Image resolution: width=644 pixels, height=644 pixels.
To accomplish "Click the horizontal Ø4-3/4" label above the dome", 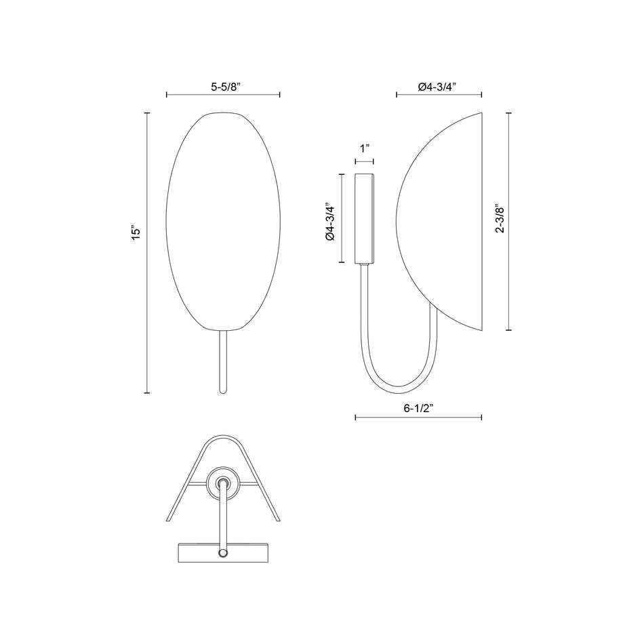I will click(x=437, y=86).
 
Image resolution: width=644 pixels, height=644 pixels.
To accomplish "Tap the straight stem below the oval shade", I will click(x=223, y=363).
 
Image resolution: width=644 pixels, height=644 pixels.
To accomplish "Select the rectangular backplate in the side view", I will click(x=365, y=218).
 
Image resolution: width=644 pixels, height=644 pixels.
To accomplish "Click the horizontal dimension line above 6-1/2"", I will click(x=418, y=418).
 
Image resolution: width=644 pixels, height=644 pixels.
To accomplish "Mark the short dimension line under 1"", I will click(x=365, y=161).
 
